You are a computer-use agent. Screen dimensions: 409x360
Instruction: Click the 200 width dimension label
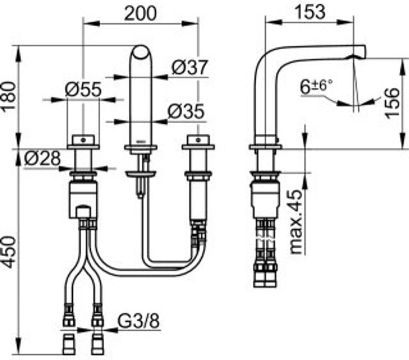click(140, 13)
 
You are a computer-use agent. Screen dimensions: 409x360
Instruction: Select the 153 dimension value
click(311, 12)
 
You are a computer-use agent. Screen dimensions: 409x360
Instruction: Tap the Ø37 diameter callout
click(190, 67)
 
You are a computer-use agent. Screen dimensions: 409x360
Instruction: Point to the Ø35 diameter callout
click(186, 112)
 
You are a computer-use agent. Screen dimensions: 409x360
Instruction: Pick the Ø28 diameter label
click(42, 159)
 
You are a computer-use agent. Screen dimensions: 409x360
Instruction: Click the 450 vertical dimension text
click(9, 251)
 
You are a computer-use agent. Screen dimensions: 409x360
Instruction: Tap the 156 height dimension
click(393, 102)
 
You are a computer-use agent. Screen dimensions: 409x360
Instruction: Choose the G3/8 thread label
click(139, 320)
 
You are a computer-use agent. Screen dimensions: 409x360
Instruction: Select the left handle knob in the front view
click(83, 140)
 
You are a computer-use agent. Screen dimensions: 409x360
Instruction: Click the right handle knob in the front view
click(198, 140)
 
